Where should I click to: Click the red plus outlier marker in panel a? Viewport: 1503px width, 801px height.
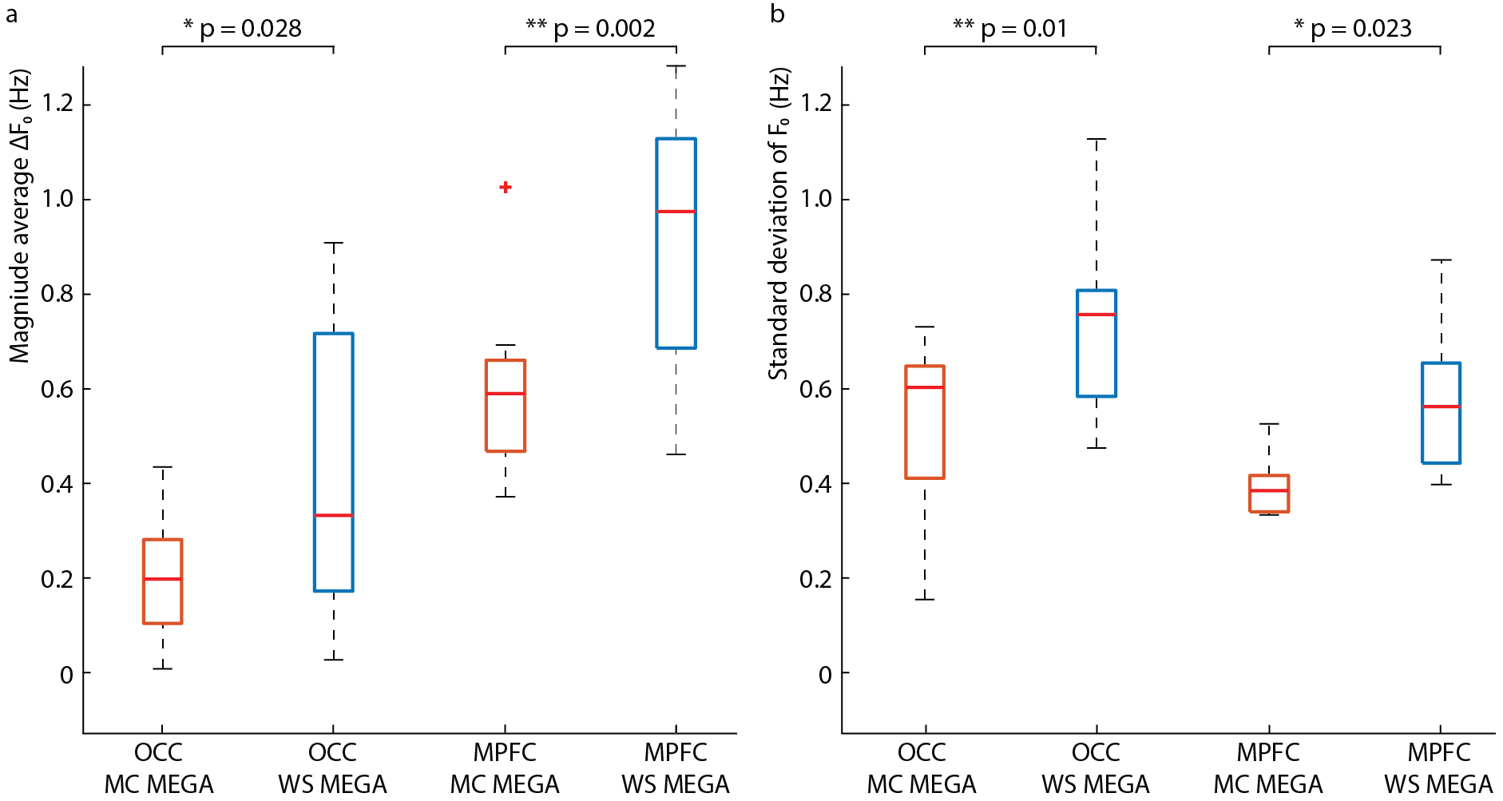506,188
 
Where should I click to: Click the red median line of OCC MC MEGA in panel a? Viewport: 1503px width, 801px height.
163,579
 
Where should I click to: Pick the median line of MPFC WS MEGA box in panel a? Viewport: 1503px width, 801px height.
676,212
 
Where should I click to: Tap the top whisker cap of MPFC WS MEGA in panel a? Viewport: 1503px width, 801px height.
676,66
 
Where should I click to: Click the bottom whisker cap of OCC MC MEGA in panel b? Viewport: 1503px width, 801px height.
925,600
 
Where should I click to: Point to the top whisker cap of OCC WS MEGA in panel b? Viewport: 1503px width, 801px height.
1097,139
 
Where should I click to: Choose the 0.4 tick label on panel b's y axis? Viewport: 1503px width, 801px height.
815,484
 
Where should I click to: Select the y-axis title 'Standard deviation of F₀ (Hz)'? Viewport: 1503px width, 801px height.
779,224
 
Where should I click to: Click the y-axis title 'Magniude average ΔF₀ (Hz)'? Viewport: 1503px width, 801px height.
20,216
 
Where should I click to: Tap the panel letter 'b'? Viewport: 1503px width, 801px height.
777,14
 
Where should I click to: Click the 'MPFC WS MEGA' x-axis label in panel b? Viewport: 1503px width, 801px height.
1439,768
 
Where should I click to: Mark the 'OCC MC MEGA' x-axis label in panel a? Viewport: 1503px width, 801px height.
159,768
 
